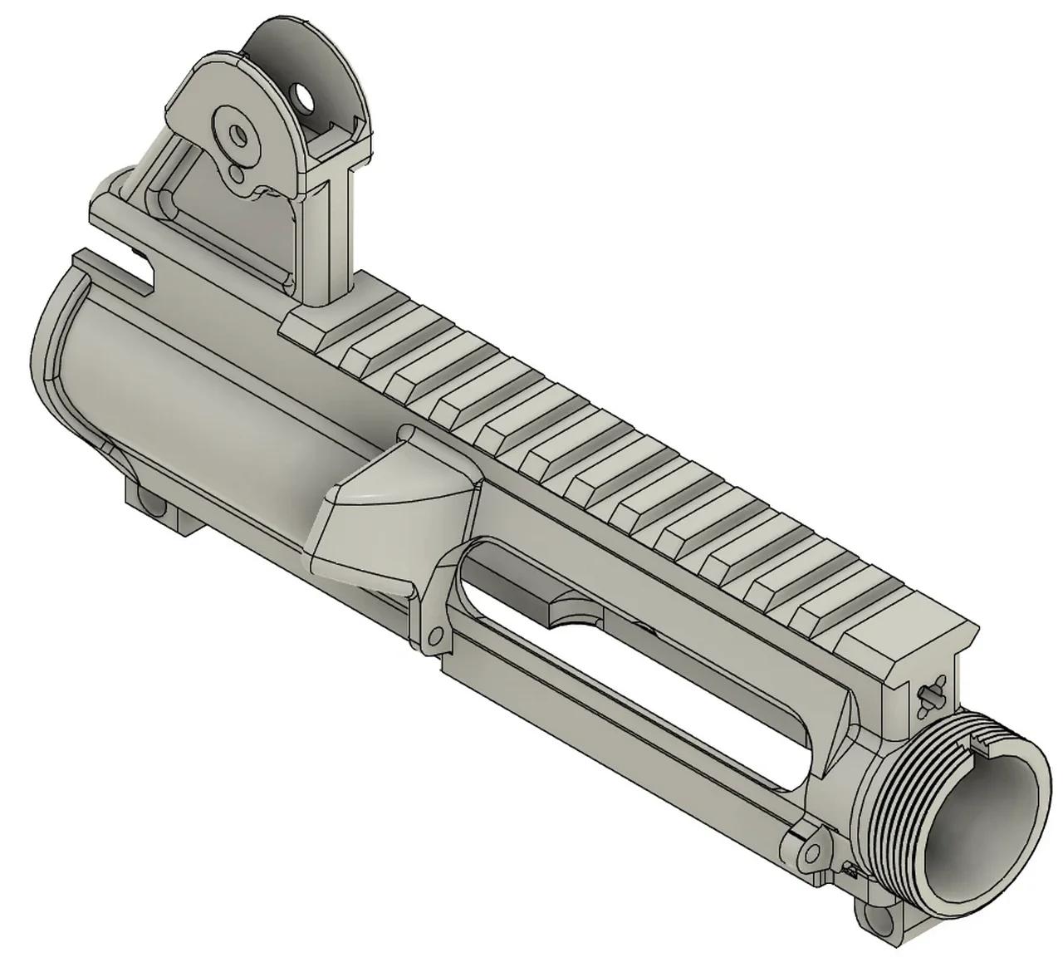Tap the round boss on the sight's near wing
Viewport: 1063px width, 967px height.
click(x=238, y=135)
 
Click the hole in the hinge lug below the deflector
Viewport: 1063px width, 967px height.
click(x=433, y=636)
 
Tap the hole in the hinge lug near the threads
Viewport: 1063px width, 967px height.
click(x=810, y=852)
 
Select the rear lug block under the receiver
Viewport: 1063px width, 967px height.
click(x=158, y=503)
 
